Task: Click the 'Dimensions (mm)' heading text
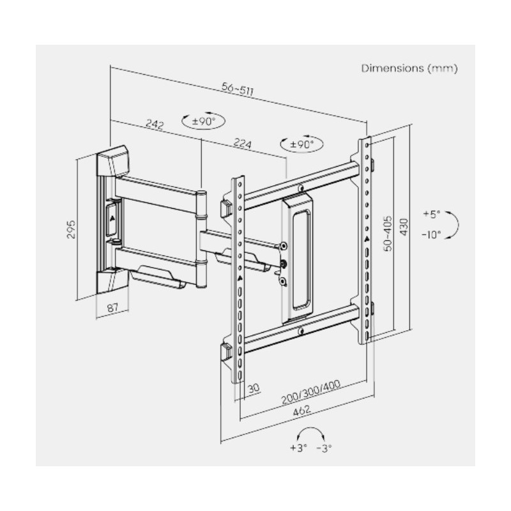point(409,68)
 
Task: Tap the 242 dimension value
point(155,124)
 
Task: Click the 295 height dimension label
point(72,229)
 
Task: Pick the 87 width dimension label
point(112,308)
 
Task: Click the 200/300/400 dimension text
point(310,391)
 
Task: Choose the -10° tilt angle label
point(431,234)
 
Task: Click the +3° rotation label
point(298,448)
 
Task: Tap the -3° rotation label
point(324,448)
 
